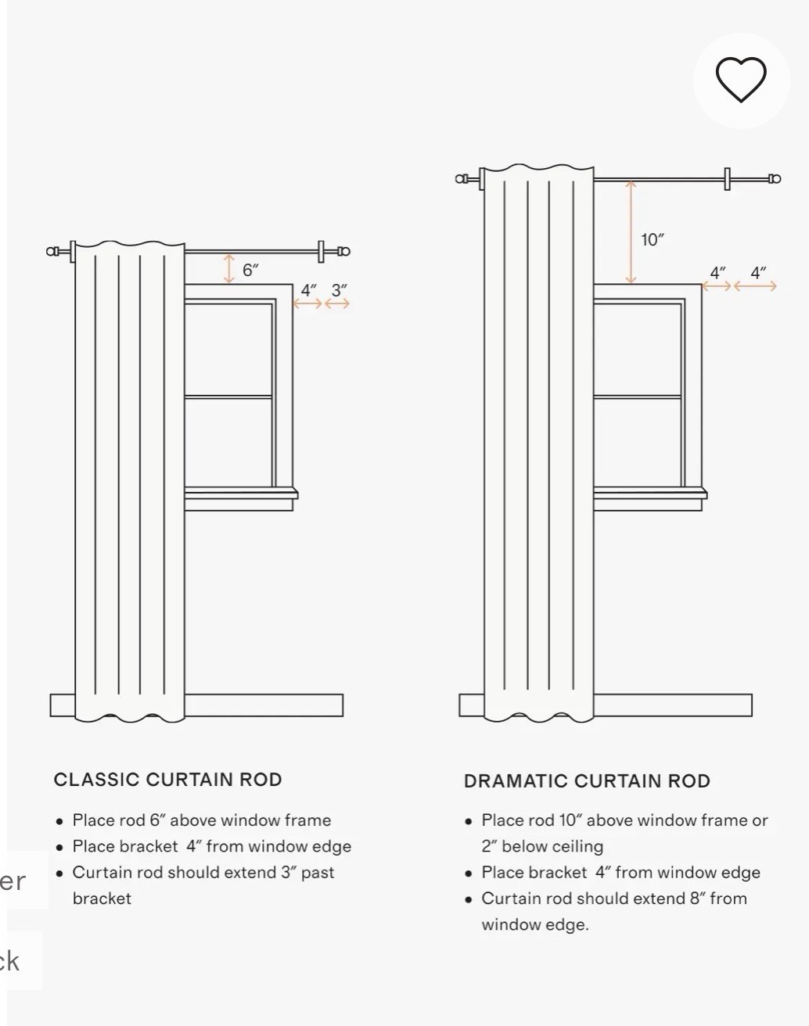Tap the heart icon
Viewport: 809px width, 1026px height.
(741, 80)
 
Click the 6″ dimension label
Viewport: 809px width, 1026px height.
(250, 270)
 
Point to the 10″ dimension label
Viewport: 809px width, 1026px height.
(652, 240)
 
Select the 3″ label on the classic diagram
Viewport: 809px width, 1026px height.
(339, 290)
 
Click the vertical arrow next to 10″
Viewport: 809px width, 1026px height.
(631, 232)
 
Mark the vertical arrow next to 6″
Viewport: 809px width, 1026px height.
(229, 268)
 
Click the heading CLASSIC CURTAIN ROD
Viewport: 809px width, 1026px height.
(168, 780)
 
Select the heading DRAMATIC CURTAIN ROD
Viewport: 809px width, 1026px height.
(588, 781)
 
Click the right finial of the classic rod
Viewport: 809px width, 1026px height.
(344, 251)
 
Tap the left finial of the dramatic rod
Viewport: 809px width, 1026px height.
(462, 179)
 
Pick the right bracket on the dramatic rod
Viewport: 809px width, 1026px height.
(728, 179)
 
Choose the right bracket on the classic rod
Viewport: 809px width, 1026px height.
(321, 252)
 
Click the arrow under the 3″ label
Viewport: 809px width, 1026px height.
(337, 303)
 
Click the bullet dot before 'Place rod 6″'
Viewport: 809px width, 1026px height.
(59, 821)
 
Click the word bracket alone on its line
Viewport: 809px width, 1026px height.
(102, 899)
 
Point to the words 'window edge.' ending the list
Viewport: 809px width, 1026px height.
(535, 925)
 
